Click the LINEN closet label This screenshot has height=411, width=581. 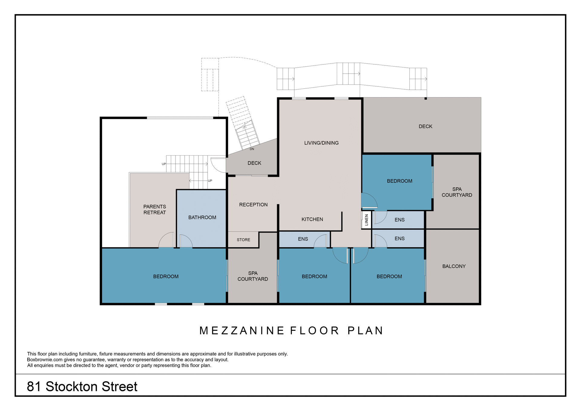[x=366, y=220]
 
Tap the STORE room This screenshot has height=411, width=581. [x=243, y=240]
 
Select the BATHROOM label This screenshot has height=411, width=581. [x=202, y=217]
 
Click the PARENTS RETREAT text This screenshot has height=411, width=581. [x=155, y=209]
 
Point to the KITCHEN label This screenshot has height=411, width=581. [x=312, y=219]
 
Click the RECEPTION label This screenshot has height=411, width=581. [x=253, y=205]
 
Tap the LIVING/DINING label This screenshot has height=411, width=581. [x=321, y=143]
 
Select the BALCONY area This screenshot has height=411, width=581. [x=454, y=266]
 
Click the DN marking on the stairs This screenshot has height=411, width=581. [x=252, y=149]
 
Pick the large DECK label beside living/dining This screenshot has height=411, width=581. [x=425, y=127]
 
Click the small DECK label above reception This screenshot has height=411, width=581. [x=254, y=163]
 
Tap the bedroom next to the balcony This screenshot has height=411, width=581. [x=389, y=276]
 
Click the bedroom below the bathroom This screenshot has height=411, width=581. [x=166, y=276]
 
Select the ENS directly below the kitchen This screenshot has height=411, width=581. [x=303, y=239]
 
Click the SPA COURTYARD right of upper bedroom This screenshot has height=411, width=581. [x=457, y=192]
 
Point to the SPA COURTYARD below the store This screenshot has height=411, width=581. [x=253, y=276]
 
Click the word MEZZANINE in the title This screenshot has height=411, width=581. [x=241, y=330]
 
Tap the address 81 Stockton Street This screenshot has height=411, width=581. [x=82, y=386]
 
